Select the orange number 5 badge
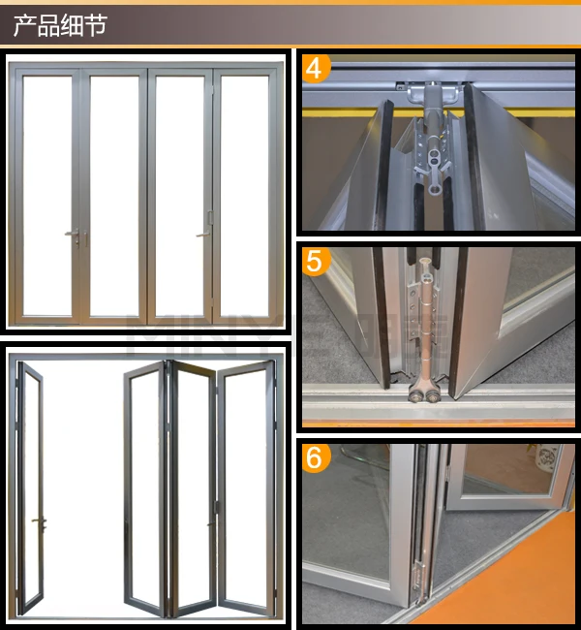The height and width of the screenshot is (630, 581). [316, 262]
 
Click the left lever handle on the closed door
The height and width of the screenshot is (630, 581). [73, 234]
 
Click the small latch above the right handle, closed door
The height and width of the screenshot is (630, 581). [210, 217]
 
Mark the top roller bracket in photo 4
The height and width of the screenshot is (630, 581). [427, 94]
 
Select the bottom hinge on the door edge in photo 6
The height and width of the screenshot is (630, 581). [418, 582]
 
